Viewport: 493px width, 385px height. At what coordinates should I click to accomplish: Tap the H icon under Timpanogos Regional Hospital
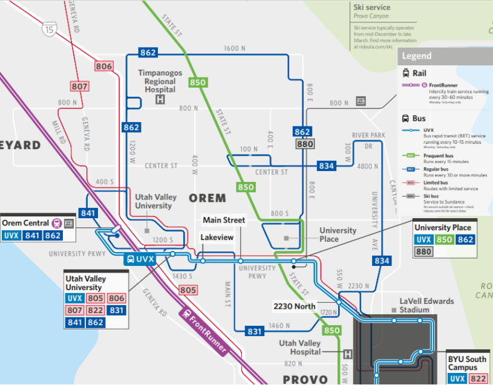(x=160, y=100)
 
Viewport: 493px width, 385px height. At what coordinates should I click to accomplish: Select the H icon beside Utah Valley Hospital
(x=347, y=354)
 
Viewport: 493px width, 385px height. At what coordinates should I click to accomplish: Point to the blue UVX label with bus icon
(x=140, y=259)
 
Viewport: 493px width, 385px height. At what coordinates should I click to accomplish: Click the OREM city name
(x=207, y=198)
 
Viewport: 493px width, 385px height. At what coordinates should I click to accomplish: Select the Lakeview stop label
(x=217, y=238)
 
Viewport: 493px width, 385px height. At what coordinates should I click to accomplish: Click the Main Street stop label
(x=224, y=220)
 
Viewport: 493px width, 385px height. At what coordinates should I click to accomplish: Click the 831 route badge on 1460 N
(x=255, y=331)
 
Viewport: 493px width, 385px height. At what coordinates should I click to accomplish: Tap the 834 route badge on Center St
(x=327, y=166)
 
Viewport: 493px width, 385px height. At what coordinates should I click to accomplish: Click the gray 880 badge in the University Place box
(x=424, y=252)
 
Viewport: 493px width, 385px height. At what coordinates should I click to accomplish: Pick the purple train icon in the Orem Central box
(x=56, y=222)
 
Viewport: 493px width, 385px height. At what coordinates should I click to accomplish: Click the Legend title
(x=417, y=56)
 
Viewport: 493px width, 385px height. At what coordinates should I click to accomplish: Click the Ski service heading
(x=371, y=7)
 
